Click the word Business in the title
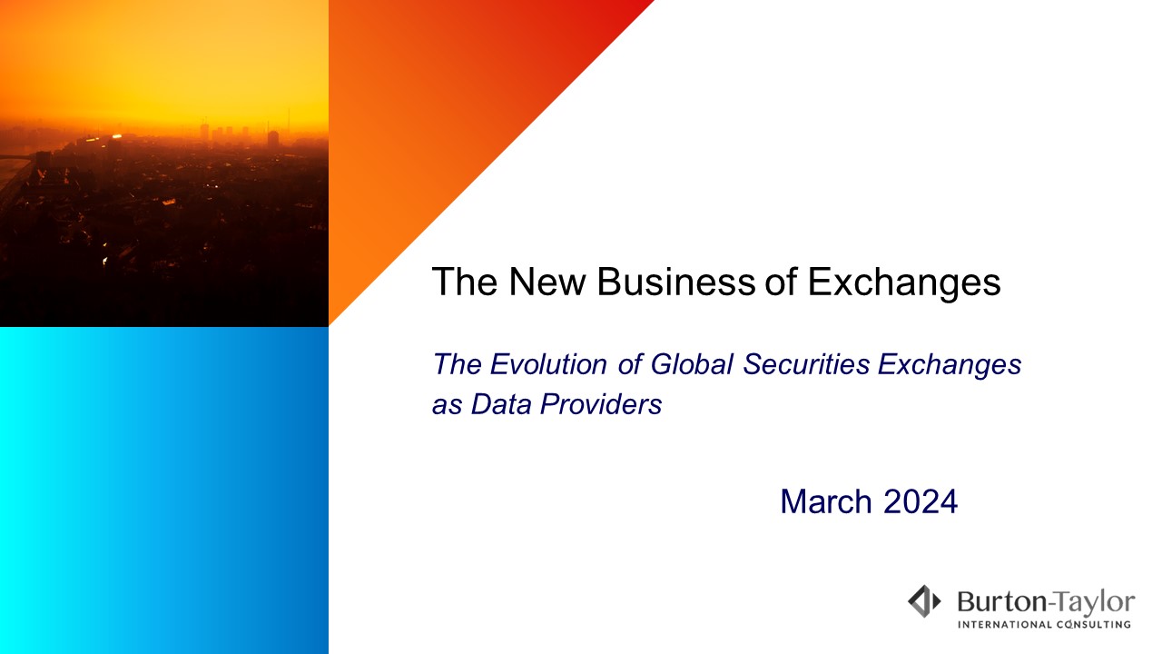click(676, 282)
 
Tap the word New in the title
click(547, 282)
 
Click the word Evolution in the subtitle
click(548, 364)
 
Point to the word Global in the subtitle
click(692, 364)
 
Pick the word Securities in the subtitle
click(806, 364)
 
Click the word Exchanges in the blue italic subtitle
click(950, 365)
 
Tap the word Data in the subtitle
click(501, 404)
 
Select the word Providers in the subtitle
click(601, 404)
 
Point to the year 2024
click(921, 501)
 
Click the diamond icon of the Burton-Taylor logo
click(924, 601)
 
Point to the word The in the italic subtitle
click(457, 364)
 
